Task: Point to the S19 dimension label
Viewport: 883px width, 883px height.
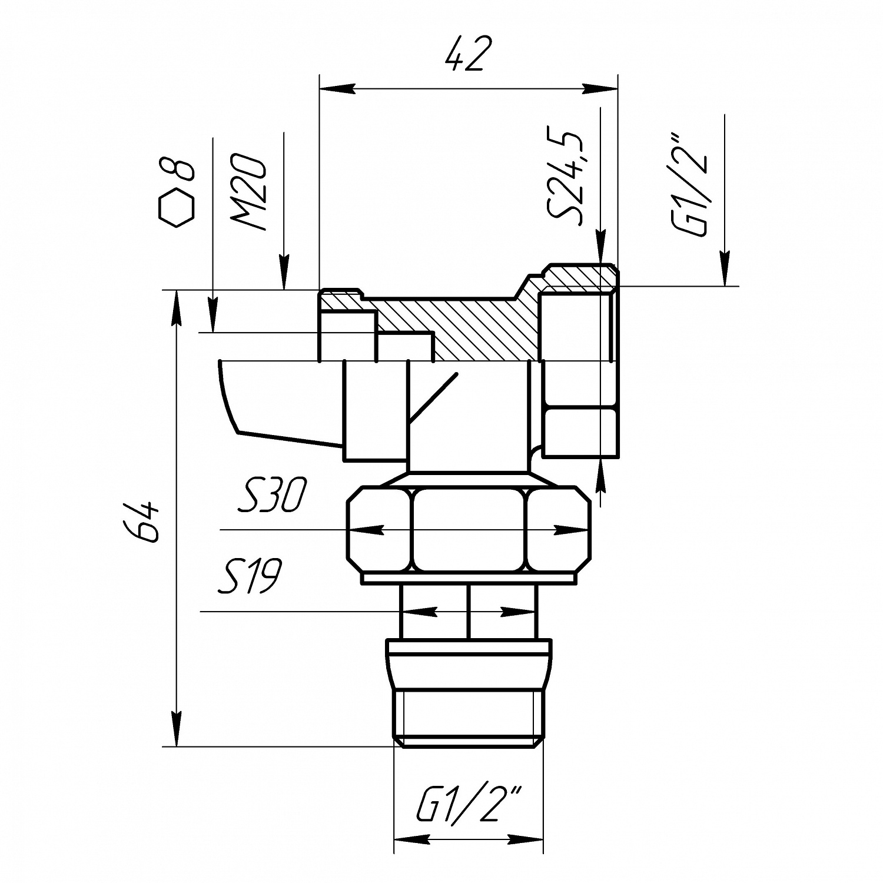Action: tap(250, 576)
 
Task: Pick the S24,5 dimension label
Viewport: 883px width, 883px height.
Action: tap(566, 173)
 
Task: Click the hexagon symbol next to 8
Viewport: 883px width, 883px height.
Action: tap(176, 208)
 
